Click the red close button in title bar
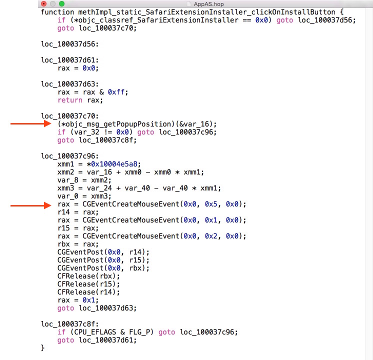click(44, 4)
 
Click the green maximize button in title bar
click(61, 4)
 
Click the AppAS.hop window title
click(208, 4)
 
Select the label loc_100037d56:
click(69, 44)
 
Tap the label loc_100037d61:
click(69, 60)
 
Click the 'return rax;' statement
click(80, 100)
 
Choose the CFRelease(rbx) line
click(88, 276)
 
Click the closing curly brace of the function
click(43, 347)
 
